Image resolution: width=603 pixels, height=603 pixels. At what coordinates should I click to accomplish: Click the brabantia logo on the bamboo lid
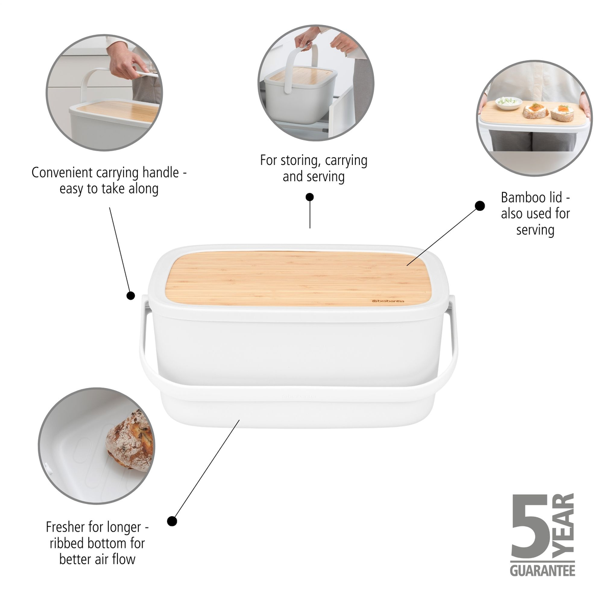click(388, 301)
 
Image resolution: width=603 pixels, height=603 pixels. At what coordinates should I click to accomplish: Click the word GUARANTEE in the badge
click(542, 570)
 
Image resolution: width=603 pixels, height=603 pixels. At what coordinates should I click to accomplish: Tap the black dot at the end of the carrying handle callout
click(131, 295)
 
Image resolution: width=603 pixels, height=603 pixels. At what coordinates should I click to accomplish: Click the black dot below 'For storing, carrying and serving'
click(309, 197)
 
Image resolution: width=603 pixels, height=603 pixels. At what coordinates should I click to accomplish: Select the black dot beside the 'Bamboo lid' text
click(479, 206)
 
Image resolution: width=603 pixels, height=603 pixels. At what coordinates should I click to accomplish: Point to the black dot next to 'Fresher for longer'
click(172, 521)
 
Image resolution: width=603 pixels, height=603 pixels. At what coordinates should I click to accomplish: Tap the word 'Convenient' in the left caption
click(62, 173)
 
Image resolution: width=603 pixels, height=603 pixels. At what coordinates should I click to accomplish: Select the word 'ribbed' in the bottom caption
click(68, 543)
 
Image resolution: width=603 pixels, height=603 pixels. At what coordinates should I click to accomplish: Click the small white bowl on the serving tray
click(509, 103)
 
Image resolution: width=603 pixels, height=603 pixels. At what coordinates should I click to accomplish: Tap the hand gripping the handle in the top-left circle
click(124, 64)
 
